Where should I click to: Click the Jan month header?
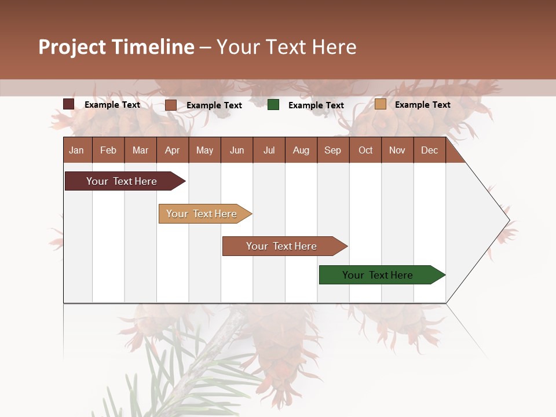coord(76,151)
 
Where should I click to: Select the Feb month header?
coord(108,151)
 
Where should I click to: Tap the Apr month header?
coord(172,151)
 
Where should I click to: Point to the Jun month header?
coord(237,151)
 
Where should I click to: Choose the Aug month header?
coord(301,151)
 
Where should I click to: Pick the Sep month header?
coord(332,151)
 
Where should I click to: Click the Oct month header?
coord(365,151)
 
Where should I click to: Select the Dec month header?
coord(429,151)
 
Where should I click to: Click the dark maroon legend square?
coord(69,104)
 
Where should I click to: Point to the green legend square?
coord(273,105)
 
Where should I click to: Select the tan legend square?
coord(381,104)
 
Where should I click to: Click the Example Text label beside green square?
coord(316,105)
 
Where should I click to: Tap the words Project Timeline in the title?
coord(116,47)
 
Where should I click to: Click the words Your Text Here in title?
coord(286,47)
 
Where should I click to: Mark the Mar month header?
coord(140,151)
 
